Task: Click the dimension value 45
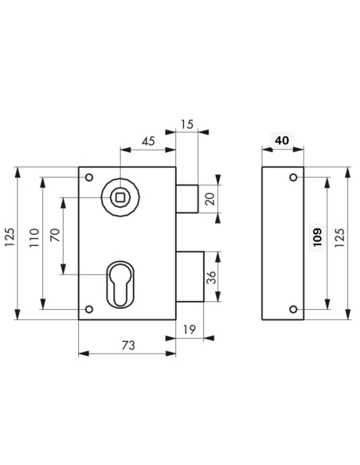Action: pos(148,140)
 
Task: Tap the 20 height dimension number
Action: pos(210,199)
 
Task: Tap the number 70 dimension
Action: pos(56,236)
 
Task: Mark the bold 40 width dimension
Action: pos(280,140)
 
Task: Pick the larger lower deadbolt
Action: pos(191,276)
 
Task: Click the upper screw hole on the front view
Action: pos(89,176)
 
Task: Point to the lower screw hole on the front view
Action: pos(89,310)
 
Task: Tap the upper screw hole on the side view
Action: pos(293,176)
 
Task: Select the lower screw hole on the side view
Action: pos(293,310)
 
